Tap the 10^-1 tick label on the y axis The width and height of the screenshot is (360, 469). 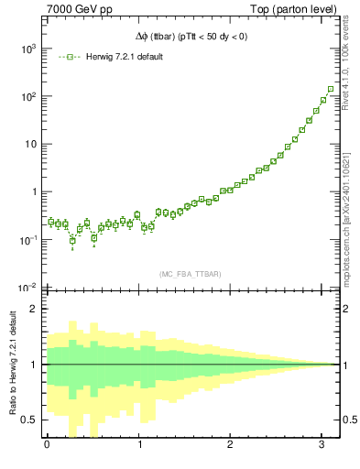coord(27,240)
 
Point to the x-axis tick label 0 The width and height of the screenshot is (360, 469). coord(47,444)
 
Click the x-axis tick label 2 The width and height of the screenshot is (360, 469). coord(232,444)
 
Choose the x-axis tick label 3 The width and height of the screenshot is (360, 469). coord(324,444)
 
